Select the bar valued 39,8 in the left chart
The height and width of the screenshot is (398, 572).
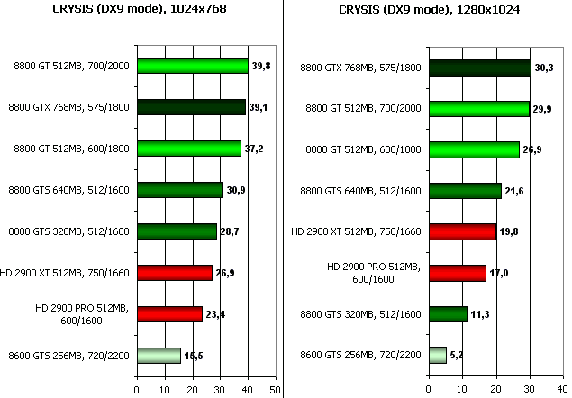(192, 65)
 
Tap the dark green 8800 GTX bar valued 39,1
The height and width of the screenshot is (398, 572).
(191, 107)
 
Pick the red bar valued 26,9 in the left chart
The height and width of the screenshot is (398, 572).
(174, 272)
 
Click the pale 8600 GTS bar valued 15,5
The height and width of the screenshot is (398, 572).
(159, 356)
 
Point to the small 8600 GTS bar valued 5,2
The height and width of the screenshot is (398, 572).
(437, 355)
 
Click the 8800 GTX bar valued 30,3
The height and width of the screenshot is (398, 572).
(480, 67)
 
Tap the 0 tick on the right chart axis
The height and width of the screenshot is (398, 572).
(429, 390)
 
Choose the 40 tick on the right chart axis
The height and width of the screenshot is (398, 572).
(565, 390)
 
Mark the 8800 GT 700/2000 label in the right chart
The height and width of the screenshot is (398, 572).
(359, 108)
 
